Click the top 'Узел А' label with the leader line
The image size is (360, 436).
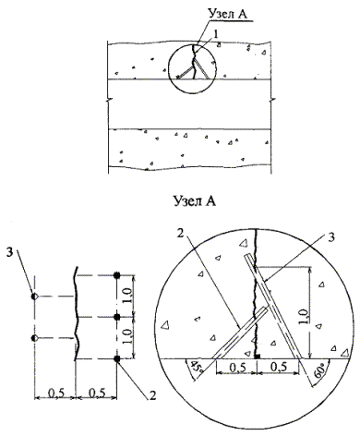(227, 13)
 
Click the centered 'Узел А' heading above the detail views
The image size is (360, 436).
(195, 200)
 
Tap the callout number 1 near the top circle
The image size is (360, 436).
(216, 34)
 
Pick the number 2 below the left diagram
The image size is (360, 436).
(153, 395)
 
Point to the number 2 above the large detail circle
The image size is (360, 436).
(180, 233)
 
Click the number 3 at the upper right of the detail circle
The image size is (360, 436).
(331, 238)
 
